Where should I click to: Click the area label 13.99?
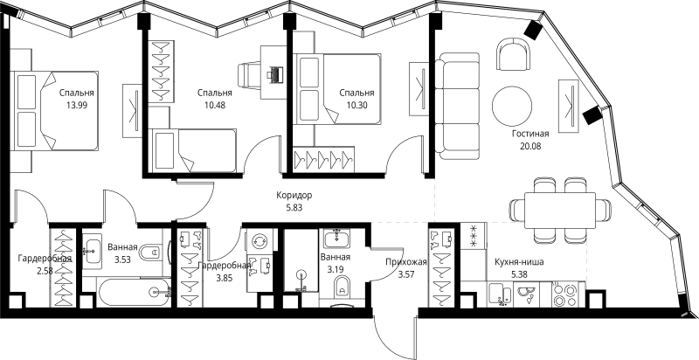(x=76, y=106)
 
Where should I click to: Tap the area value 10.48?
(x=214, y=106)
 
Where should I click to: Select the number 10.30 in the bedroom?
(x=356, y=106)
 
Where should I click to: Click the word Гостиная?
(x=530, y=134)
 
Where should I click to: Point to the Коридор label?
(x=294, y=195)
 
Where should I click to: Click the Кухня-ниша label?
(x=519, y=262)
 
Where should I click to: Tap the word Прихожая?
(x=406, y=262)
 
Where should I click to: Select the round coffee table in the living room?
(x=512, y=106)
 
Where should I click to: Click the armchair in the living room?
(x=514, y=52)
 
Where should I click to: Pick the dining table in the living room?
(x=560, y=210)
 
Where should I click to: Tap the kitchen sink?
(x=501, y=294)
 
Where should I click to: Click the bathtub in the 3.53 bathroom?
(x=135, y=293)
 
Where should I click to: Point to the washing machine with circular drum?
(x=258, y=241)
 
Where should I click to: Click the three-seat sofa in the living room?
(x=457, y=106)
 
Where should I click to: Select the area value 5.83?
(x=294, y=207)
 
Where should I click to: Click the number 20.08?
(x=530, y=146)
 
